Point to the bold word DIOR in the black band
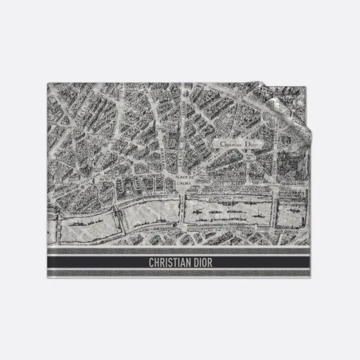pos(200,262)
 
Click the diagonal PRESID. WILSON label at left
pos(59,186)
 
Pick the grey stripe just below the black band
pos(180,274)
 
